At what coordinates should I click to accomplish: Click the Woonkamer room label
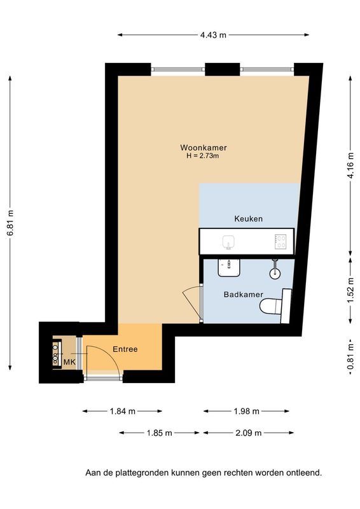tap(203, 148)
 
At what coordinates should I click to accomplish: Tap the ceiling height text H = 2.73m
tap(202, 156)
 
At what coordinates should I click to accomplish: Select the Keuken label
tap(248, 219)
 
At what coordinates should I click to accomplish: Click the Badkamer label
tap(244, 295)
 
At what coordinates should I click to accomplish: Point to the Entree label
tap(125, 349)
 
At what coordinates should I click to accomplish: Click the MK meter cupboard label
tap(69, 362)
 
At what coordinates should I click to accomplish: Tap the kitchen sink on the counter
tap(229, 242)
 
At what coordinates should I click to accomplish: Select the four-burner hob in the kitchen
tap(280, 242)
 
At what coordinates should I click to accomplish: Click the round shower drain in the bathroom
tap(275, 274)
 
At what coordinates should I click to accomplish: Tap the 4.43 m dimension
tap(213, 35)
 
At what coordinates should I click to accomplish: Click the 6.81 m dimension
tap(10, 223)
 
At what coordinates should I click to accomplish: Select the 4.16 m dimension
tap(350, 165)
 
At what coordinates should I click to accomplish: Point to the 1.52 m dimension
tap(350, 291)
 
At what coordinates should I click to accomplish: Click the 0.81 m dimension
tap(350, 357)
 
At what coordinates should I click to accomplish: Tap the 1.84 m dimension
tap(122, 411)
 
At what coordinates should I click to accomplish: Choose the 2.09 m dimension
tap(249, 433)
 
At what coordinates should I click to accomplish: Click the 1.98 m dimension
tap(246, 411)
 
